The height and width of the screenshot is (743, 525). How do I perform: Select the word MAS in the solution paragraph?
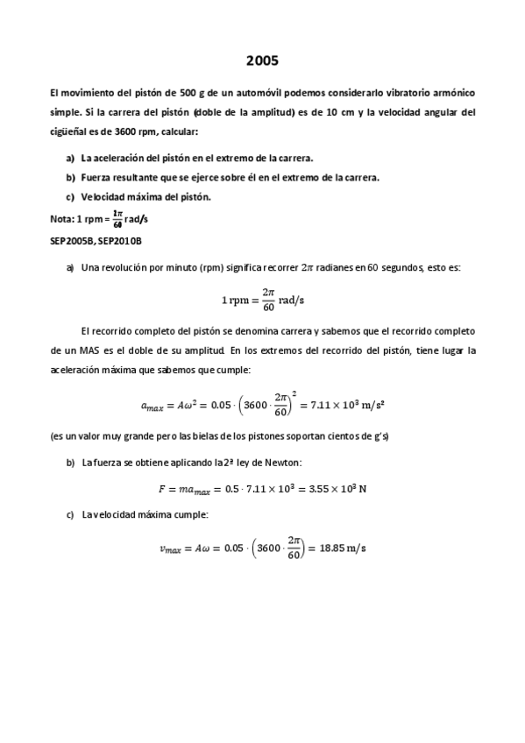tap(113, 350)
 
